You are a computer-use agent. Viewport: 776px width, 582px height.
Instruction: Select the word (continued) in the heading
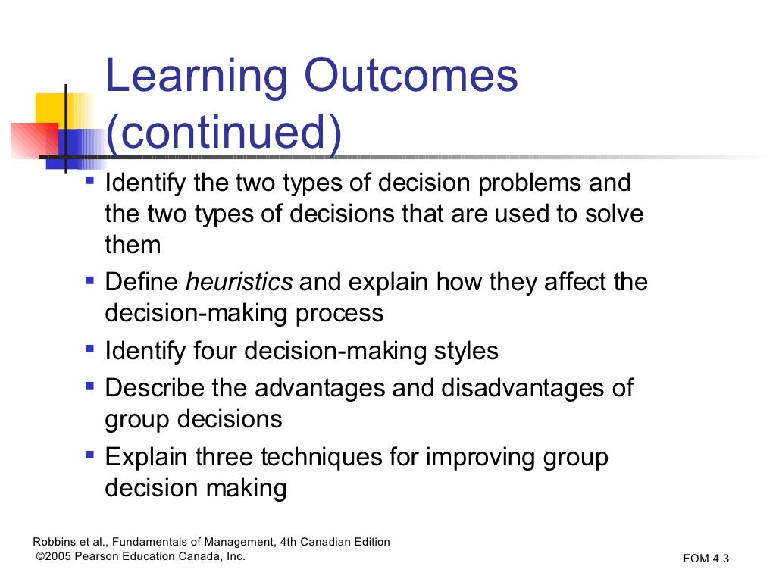point(224,133)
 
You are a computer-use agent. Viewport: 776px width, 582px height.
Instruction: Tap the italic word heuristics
point(239,283)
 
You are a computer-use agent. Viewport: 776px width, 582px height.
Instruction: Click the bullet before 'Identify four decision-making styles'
point(90,349)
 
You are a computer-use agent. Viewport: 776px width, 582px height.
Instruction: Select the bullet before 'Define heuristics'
point(90,281)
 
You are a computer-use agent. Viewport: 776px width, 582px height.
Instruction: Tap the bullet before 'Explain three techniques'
point(90,455)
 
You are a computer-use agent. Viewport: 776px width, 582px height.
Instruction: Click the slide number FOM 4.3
point(706,559)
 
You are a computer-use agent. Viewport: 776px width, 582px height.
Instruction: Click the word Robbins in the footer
point(53,542)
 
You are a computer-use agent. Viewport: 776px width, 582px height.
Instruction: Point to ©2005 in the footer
point(54,556)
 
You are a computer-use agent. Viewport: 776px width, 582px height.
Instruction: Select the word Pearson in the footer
point(101,556)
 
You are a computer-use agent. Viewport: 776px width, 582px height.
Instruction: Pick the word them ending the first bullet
point(133,244)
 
